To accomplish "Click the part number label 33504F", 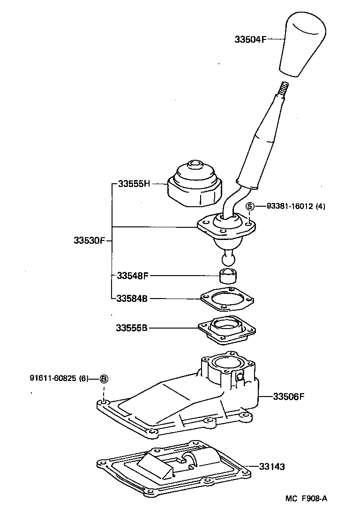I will (250, 40).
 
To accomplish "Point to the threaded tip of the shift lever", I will (284, 88).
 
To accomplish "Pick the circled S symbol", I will (250, 206).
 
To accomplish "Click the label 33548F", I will (132, 276).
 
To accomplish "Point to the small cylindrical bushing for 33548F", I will (228, 276).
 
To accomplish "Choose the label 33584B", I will (132, 298).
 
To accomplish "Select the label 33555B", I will (132, 328).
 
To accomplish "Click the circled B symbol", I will (104, 379).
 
